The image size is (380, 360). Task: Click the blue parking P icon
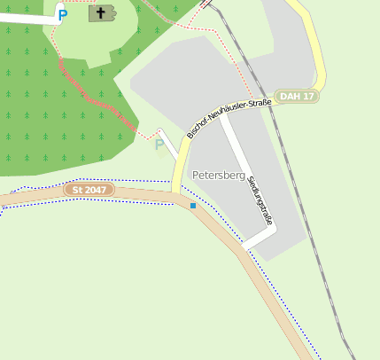62,14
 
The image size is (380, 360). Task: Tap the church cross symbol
102,12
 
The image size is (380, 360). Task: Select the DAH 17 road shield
296,96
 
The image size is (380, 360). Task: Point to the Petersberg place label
218,176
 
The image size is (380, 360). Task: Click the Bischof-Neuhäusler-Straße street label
229,118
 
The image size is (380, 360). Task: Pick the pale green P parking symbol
159,145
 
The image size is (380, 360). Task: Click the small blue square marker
193,206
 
